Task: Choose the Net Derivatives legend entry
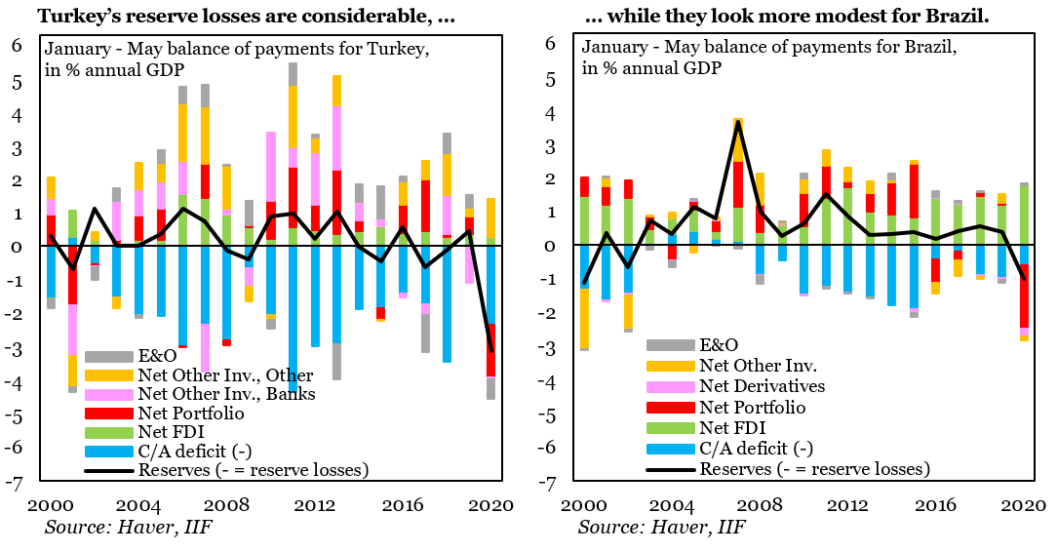pos(763,386)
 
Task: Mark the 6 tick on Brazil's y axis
pos(551,44)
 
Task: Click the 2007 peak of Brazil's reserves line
pos(739,123)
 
